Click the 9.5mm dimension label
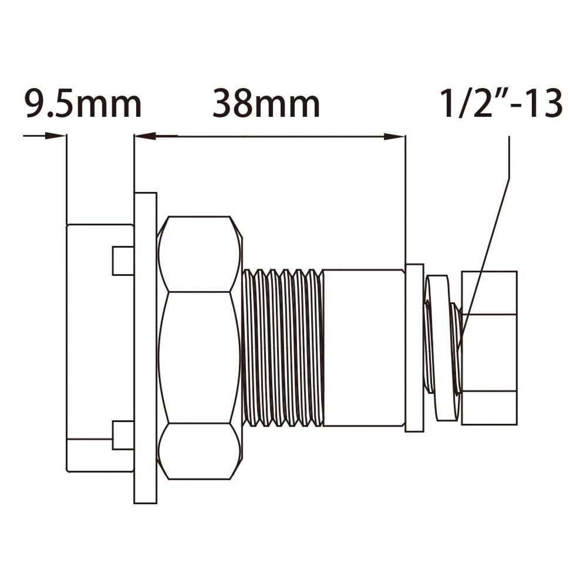[83, 104]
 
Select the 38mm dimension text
[266, 104]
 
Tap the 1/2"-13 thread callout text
[501, 104]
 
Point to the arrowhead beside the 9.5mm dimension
[55, 136]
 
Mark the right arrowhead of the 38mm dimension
[394, 137]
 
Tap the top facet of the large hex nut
[200, 254]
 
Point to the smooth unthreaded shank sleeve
[363, 348]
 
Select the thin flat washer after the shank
[414, 348]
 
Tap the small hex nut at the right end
[489, 348]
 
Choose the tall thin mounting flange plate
[145, 348]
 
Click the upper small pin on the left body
[123, 261]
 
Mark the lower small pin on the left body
[123, 435]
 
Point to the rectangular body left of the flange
[94, 348]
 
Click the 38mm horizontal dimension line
[270, 137]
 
